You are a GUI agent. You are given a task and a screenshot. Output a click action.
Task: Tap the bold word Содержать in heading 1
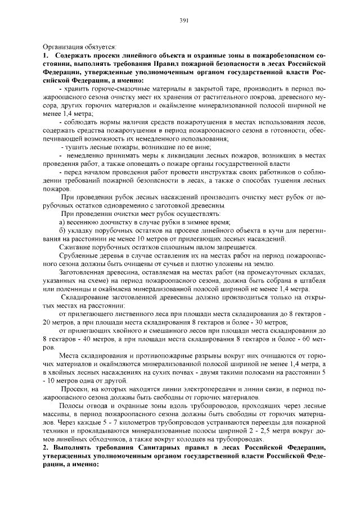click(x=74, y=56)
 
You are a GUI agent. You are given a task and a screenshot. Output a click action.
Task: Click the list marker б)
click(x=63, y=231)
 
